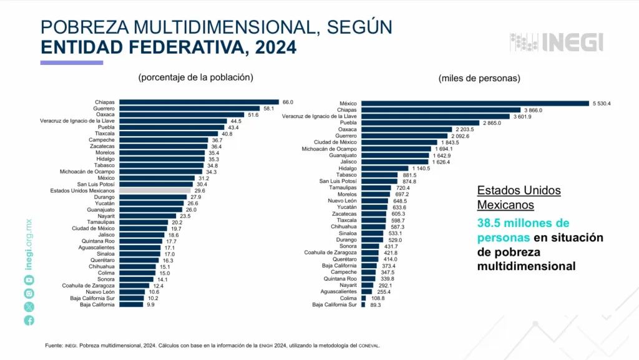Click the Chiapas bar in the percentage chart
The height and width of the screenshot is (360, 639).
[x=198, y=102]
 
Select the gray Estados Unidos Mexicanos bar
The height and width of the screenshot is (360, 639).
[x=155, y=191]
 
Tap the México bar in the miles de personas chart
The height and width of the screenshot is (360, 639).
[x=474, y=104]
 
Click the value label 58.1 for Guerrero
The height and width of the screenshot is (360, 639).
[x=268, y=108]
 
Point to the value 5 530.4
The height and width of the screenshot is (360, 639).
[x=601, y=104]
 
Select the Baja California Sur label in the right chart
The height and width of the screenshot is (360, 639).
[x=334, y=304]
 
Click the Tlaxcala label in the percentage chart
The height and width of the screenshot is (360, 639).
[x=104, y=134]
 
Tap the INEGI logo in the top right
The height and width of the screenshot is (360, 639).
[x=557, y=42]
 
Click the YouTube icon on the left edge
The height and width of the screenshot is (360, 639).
[x=29, y=280]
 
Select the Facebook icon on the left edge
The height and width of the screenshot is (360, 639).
[x=29, y=320]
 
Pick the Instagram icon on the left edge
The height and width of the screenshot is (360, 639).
[x=29, y=293]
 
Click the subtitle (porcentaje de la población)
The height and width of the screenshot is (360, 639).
[x=195, y=77]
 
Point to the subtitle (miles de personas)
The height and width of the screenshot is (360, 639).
[x=479, y=78]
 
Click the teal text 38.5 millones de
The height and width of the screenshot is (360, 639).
[x=523, y=223]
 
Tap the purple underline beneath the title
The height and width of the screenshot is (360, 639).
[x=71, y=62]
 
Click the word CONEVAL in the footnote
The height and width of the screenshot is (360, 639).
[x=368, y=346]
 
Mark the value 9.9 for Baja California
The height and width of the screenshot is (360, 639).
[x=150, y=304]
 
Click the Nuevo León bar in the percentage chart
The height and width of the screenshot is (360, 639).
[x=132, y=292]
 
